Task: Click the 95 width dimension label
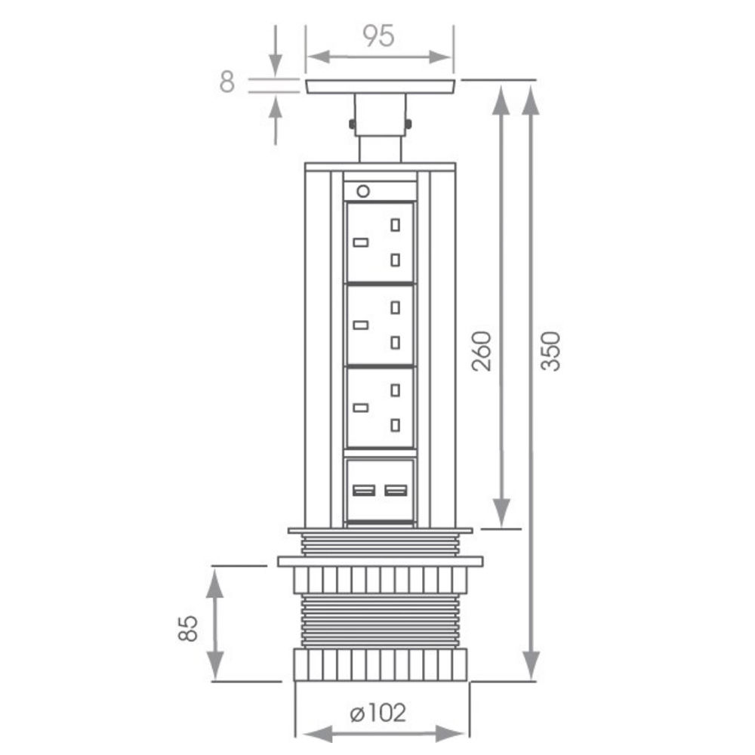(x=378, y=36)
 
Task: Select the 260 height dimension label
(x=482, y=351)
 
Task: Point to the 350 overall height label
(x=550, y=351)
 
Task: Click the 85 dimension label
(x=188, y=628)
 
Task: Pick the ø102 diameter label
(x=378, y=713)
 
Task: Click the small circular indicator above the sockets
(x=363, y=192)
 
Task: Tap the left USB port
(x=364, y=491)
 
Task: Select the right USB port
(x=396, y=491)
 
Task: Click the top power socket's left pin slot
(x=361, y=242)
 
